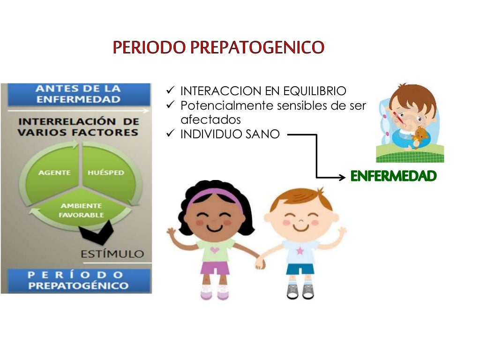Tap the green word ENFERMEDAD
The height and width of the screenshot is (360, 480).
(x=394, y=176)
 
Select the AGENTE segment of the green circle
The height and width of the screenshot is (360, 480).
(x=54, y=172)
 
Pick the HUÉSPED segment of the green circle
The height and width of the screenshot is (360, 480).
(x=106, y=172)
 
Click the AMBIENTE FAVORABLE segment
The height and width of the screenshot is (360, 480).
(x=81, y=210)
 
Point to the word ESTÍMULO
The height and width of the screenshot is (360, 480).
(x=112, y=254)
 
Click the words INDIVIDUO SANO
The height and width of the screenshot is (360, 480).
(x=230, y=135)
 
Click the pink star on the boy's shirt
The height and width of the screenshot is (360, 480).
(x=300, y=251)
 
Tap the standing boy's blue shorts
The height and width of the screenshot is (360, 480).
(x=300, y=270)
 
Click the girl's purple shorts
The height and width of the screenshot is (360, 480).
(x=215, y=268)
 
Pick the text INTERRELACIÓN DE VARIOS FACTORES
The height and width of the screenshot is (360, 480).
(x=78, y=127)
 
